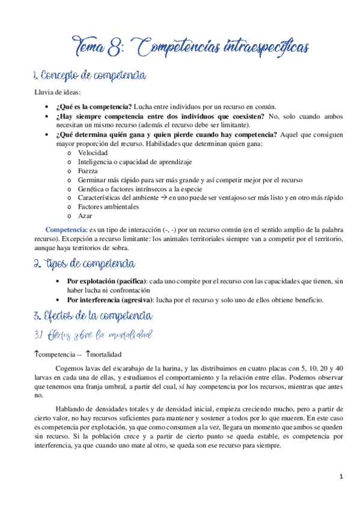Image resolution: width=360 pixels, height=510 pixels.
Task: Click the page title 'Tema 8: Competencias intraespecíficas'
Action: (x=192, y=46)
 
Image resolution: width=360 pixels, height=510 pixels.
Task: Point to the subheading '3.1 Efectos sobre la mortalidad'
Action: (x=93, y=334)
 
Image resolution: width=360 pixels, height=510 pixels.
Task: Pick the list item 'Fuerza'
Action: (x=89, y=171)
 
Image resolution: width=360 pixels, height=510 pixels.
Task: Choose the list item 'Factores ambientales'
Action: (x=108, y=206)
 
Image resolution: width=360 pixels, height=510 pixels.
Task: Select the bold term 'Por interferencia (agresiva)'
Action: (x=110, y=300)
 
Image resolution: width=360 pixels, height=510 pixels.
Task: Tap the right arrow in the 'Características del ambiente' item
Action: (x=164, y=197)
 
